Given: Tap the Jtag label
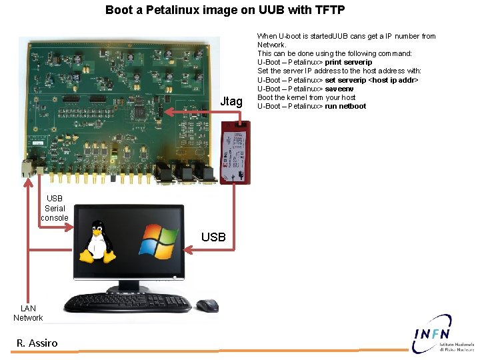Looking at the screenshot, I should [231, 101].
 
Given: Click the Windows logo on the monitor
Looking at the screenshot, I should [159, 240].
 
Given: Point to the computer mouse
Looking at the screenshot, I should [207, 305].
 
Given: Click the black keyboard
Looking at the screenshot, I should [127, 303].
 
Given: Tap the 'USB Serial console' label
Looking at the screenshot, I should [55, 208].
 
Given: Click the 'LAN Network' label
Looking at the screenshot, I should [28, 313].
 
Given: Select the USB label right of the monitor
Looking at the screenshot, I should [213, 237].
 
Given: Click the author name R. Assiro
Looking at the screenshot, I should [37, 343].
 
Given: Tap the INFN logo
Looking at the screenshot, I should [441, 335].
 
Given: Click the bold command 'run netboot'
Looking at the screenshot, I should [345, 106].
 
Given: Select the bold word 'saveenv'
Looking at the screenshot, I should [339, 89].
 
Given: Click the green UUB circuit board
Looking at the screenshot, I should [120, 107].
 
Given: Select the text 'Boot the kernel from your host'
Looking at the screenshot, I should [307, 97].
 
